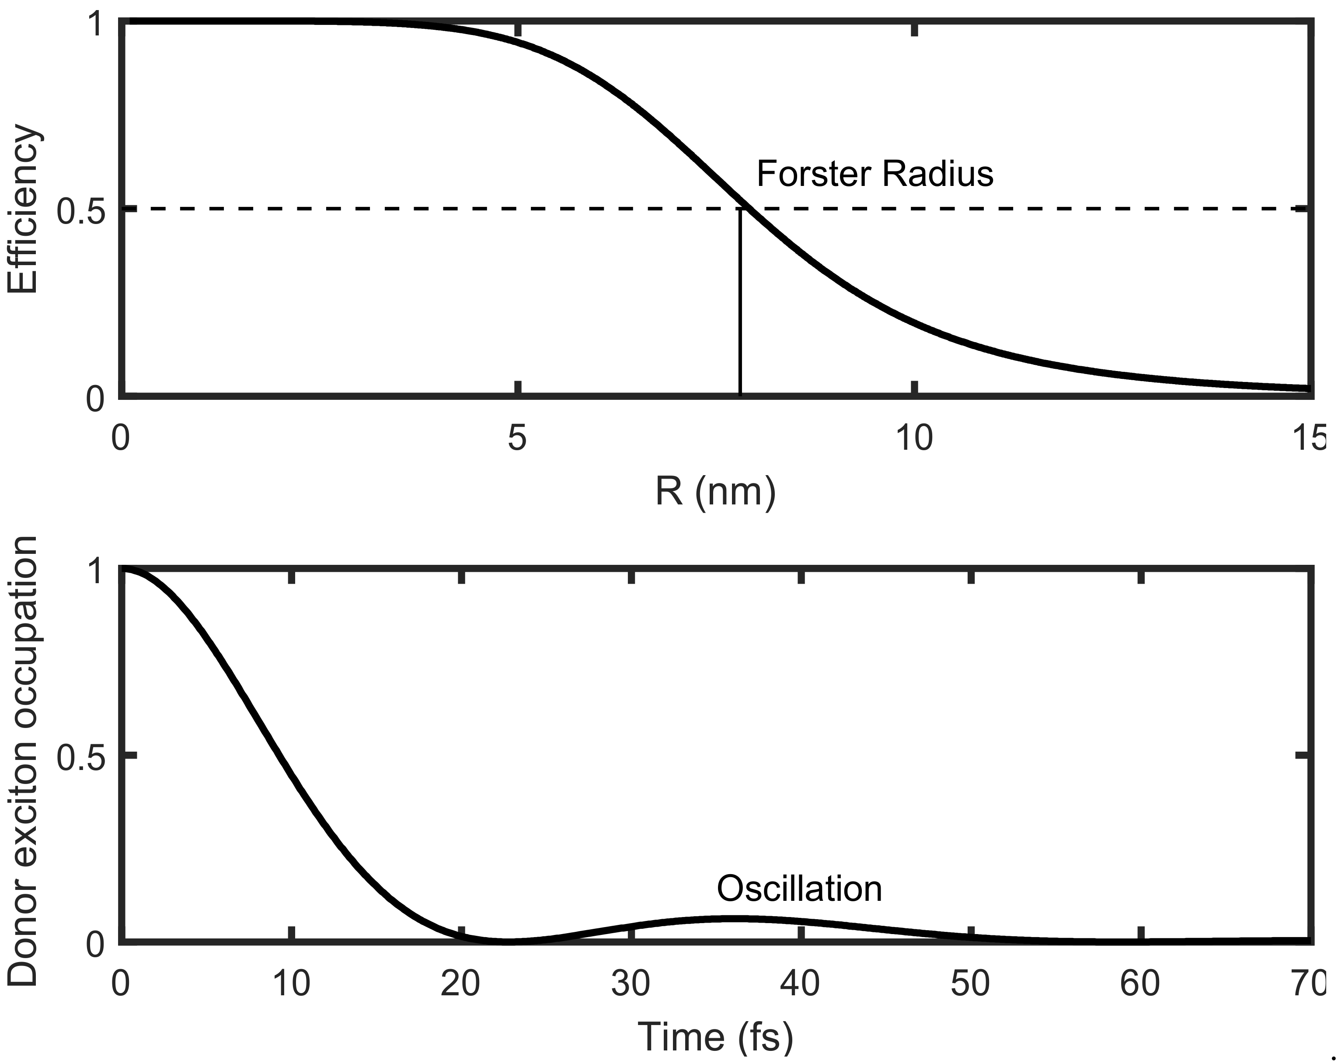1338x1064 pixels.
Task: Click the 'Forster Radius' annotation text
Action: coord(875,175)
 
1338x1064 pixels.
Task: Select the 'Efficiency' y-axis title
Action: coord(23,209)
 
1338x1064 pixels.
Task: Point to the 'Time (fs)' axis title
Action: coord(715,1037)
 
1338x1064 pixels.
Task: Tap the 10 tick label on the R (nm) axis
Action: coord(914,438)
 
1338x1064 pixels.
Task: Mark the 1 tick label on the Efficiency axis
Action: coord(95,26)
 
